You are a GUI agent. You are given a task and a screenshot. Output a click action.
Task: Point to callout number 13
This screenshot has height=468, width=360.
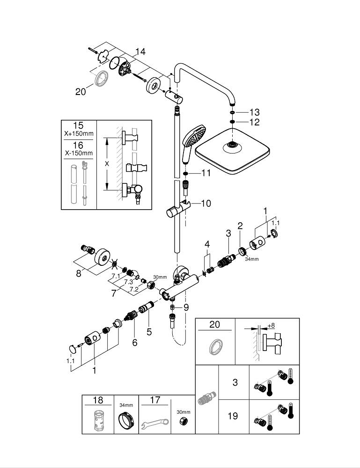(254, 112)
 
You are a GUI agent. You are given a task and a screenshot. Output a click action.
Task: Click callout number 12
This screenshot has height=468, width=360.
(254, 122)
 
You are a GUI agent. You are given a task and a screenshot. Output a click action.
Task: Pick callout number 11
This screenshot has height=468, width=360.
(206, 173)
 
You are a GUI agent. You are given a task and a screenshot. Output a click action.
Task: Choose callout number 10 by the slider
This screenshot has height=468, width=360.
(206, 203)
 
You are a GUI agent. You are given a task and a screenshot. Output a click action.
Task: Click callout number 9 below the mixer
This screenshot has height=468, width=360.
(186, 307)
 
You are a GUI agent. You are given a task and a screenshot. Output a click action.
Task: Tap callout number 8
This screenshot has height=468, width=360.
(79, 273)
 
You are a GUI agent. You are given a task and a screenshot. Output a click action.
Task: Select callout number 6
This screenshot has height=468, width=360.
(135, 343)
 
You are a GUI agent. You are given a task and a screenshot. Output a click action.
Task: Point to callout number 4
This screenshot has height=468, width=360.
(207, 245)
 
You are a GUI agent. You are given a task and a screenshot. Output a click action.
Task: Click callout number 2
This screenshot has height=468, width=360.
(240, 226)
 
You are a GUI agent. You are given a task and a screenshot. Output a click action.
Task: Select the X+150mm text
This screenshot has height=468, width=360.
(79, 134)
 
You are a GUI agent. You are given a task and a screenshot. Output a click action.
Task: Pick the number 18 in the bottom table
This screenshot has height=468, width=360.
(98, 401)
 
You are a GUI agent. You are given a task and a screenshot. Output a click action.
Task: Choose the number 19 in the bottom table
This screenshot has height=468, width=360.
(233, 416)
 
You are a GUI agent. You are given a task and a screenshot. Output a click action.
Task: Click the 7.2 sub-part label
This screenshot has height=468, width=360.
(133, 290)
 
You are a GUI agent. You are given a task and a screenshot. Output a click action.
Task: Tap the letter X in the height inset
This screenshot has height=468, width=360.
(108, 163)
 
